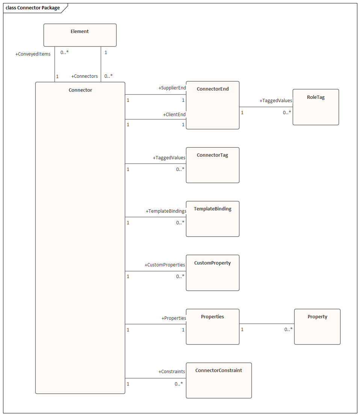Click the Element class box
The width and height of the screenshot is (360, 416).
tap(80, 35)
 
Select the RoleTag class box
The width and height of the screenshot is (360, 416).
tap(316, 107)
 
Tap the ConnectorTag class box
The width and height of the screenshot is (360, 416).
tap(212, 165)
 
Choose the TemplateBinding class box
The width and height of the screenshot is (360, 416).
tap(212, 219)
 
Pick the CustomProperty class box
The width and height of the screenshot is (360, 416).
tap(212, 273)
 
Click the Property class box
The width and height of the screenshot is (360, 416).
tap(317, 327)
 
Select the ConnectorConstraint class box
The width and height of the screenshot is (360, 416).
tap(219, 381)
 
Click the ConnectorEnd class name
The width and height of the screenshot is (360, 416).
tap(213, 89)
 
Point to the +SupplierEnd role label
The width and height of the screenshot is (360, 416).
tap(172, 88)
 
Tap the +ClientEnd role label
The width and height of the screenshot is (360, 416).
tap(174, 114)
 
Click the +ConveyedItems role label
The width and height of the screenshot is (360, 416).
tap(33, 54)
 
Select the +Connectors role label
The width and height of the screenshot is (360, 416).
tap(85, 76)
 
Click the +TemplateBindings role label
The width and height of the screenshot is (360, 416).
tap(166, 211)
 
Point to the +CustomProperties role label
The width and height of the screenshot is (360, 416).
tap(165, 265)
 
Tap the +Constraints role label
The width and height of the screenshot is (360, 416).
tap(172, 372)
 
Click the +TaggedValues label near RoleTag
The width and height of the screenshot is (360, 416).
tap(276, 101)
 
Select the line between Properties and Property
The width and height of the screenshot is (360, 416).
tap(266, 324)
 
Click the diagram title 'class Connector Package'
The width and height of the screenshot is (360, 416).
tap(33, 8)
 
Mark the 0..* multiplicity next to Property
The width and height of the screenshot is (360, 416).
tap(288, 330)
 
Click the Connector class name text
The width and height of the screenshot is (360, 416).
tap(80, 90)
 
